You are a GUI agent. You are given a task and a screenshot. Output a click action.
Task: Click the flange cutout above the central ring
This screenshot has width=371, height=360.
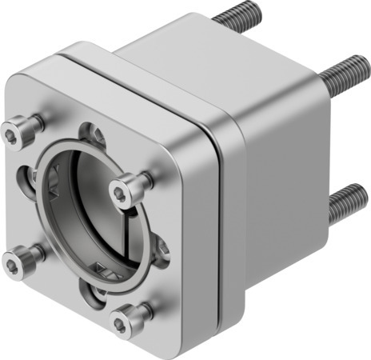(x=95, y=133)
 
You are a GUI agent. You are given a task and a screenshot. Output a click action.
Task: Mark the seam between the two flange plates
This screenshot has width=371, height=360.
(x=214, y=208)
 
